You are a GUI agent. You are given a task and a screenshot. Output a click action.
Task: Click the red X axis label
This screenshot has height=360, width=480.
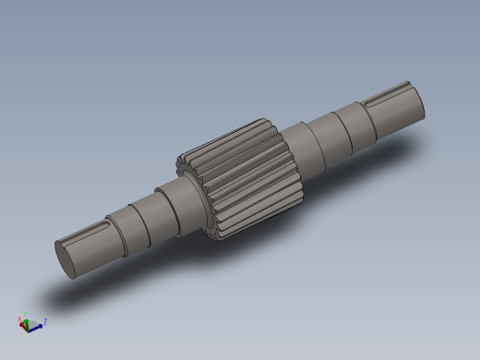tap(20, 318)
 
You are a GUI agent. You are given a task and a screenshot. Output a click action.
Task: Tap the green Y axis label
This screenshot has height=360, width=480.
tap(26, 315)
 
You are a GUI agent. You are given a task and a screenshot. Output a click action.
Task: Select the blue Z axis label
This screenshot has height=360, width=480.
tap(45, 321)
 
